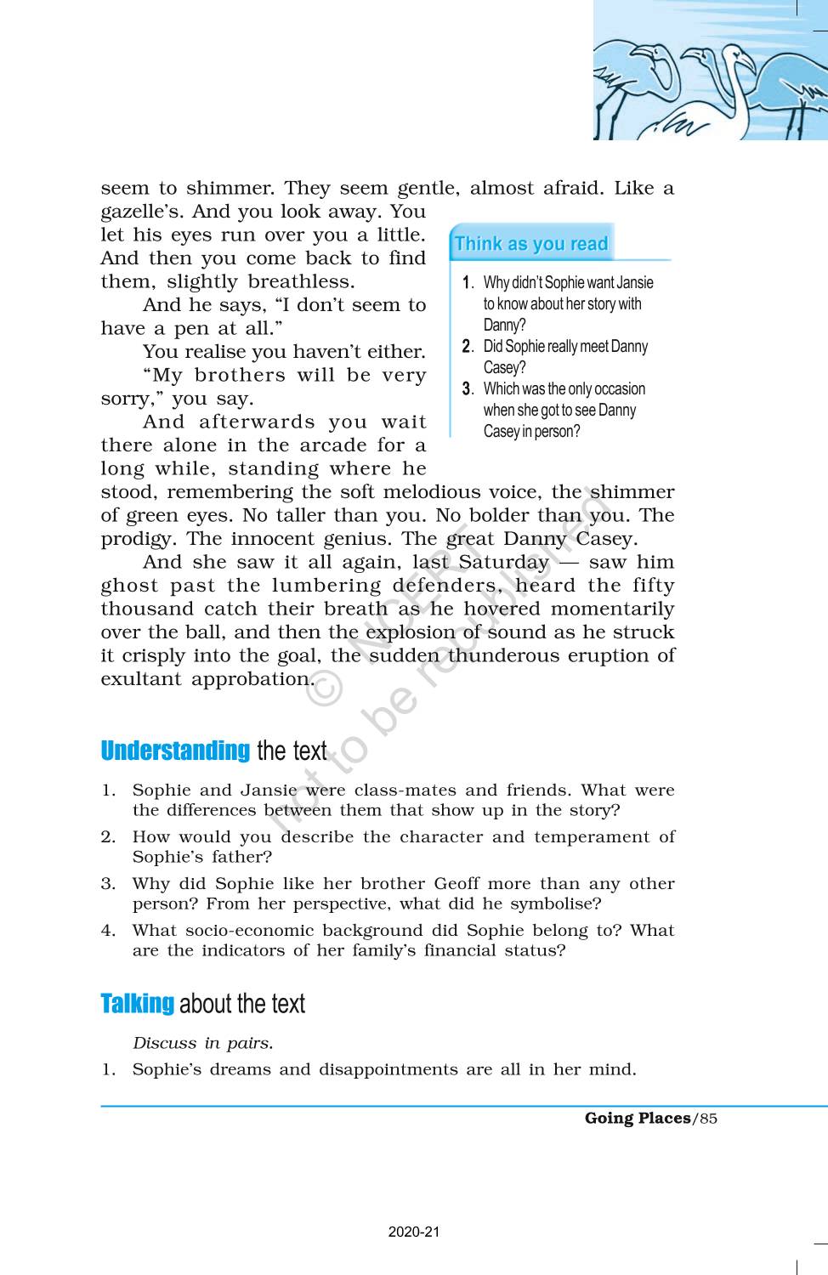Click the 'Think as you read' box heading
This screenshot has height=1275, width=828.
[530, 244]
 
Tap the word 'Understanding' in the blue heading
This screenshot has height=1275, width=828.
[175, 751]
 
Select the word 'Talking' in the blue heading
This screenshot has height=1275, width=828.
[137, 1004]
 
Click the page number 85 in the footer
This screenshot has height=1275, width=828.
[708, 1119]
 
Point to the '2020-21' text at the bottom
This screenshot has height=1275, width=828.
[414, 1232]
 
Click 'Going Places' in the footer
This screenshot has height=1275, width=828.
[638, 1119]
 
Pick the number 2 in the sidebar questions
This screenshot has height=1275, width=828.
[467, 346]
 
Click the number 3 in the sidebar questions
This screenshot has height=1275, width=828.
[467, 388]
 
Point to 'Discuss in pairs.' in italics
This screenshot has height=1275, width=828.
[202, 1043]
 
